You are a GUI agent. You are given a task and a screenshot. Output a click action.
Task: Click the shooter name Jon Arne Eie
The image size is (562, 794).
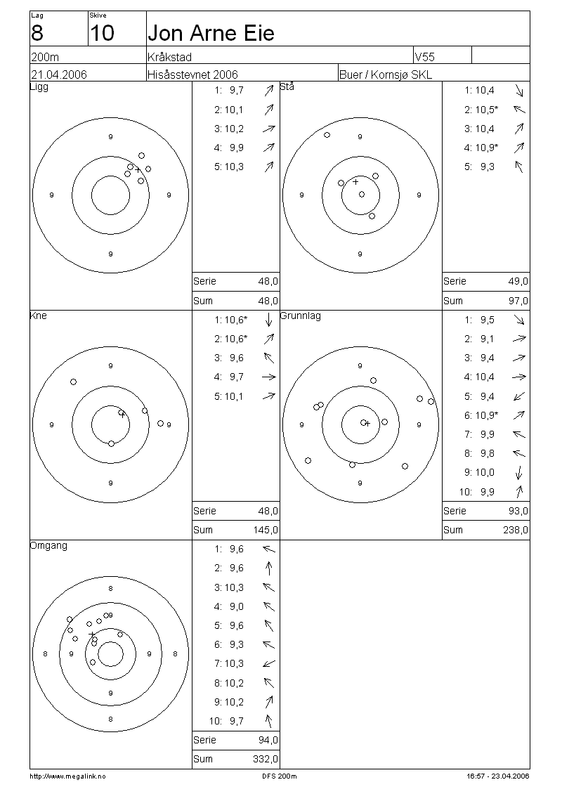[211, 34]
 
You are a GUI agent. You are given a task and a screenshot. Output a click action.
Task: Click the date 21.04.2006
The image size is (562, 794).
[59, 75]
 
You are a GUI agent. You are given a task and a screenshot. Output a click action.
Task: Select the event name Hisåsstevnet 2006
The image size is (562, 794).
[192, 75]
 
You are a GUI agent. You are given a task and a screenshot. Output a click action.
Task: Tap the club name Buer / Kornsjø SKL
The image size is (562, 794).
[386, 75]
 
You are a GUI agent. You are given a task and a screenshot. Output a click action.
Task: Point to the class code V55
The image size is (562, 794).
[425, 57]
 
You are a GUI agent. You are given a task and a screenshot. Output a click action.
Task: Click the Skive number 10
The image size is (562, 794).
[102, 34]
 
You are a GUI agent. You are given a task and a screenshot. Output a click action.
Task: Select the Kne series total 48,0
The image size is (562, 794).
[268, 511]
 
